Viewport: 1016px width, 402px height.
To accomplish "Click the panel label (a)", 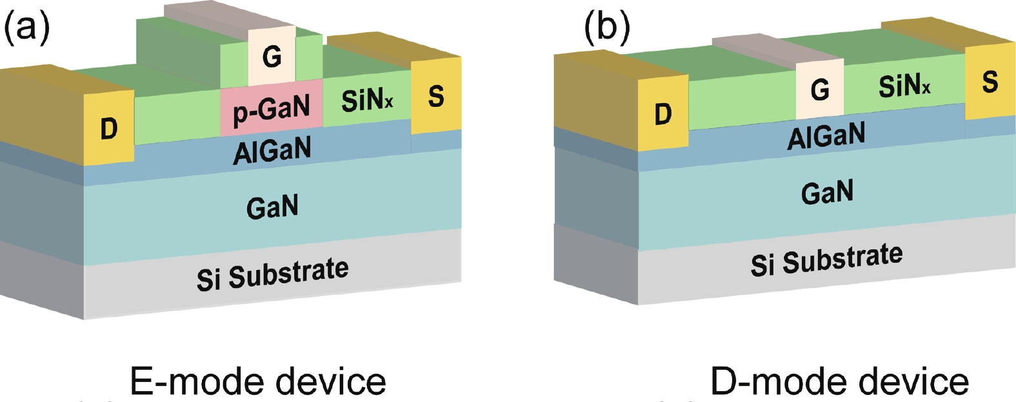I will [x=26, y=29].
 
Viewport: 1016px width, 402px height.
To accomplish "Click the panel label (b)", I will [x=606, y=29].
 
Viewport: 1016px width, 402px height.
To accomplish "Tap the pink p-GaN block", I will [x=271, y=108].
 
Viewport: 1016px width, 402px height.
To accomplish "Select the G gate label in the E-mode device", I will [x=272, y=57].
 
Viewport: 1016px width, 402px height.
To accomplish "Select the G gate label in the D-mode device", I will [x=820, y=90].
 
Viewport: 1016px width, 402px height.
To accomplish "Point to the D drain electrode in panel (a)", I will [x=109, y=129].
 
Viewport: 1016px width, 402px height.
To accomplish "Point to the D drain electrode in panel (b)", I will [x=663, y=115].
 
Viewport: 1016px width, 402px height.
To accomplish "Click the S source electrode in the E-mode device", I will [x=436, y=96].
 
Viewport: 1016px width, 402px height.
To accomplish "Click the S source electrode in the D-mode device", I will [x=990, y=82].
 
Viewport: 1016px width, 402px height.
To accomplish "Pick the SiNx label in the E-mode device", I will [x=367, y=100].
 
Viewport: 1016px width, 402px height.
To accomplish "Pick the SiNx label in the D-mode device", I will [x=904, y=85].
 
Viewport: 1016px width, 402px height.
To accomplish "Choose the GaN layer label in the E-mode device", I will [x=272, y=207].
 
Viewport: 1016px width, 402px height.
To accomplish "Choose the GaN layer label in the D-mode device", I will [x=827, y=192].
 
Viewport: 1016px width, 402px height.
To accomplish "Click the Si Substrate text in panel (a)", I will [x=272, y=274].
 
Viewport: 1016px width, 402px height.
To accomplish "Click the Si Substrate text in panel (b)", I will [x=826, y=260].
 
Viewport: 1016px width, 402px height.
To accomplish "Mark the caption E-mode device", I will [x=258, y=382].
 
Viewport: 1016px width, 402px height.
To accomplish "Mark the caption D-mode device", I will [x=839, y=382].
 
